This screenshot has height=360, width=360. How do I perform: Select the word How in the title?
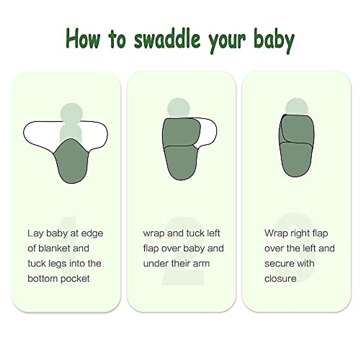[82, 38]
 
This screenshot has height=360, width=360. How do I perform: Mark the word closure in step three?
[280, 279]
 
